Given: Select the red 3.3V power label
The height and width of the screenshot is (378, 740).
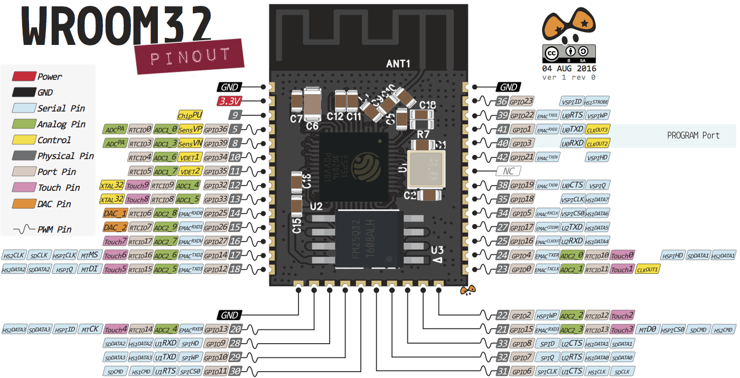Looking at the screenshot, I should pyautogui.click(x=230, y=101).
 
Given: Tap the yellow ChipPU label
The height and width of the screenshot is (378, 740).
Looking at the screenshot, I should pyautogui.click(x=190, y=115).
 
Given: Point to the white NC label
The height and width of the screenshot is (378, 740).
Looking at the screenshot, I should pyautogui.click(x=508, y=171).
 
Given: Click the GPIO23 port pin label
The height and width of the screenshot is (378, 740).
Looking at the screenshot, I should pyautogui.click(x=522, y=101).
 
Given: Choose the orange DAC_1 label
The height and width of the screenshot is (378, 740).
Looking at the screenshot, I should pyautogui.click(x=115, y=213).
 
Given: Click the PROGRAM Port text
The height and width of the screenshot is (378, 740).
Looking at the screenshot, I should pyautogui.click(x=693, y=135).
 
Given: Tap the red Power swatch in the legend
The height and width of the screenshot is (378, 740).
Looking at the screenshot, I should pyautogui.click(x=24, y=77).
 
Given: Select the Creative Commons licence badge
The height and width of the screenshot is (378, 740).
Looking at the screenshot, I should pyautogui.click(x=569, y=53).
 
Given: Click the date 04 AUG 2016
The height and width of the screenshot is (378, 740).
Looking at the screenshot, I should pyautogui.click(x=569, y=69).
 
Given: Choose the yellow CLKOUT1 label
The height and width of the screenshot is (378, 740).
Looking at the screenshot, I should pyautogui.click(x=648, y=270).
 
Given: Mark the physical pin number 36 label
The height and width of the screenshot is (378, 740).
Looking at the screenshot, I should pyautogui.click(x=502, y=101).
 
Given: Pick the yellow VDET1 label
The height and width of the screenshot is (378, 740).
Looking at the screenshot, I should pyautogui.click(x=190, y=157).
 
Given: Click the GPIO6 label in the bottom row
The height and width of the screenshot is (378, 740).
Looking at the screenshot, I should pyautogui.click(x=522, y=372).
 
